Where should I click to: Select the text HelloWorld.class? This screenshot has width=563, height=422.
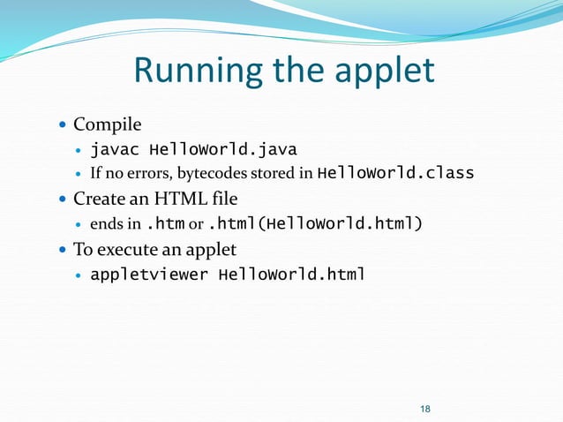[x=394, y=172]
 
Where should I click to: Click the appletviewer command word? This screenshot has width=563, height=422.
[x=149, y=274]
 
